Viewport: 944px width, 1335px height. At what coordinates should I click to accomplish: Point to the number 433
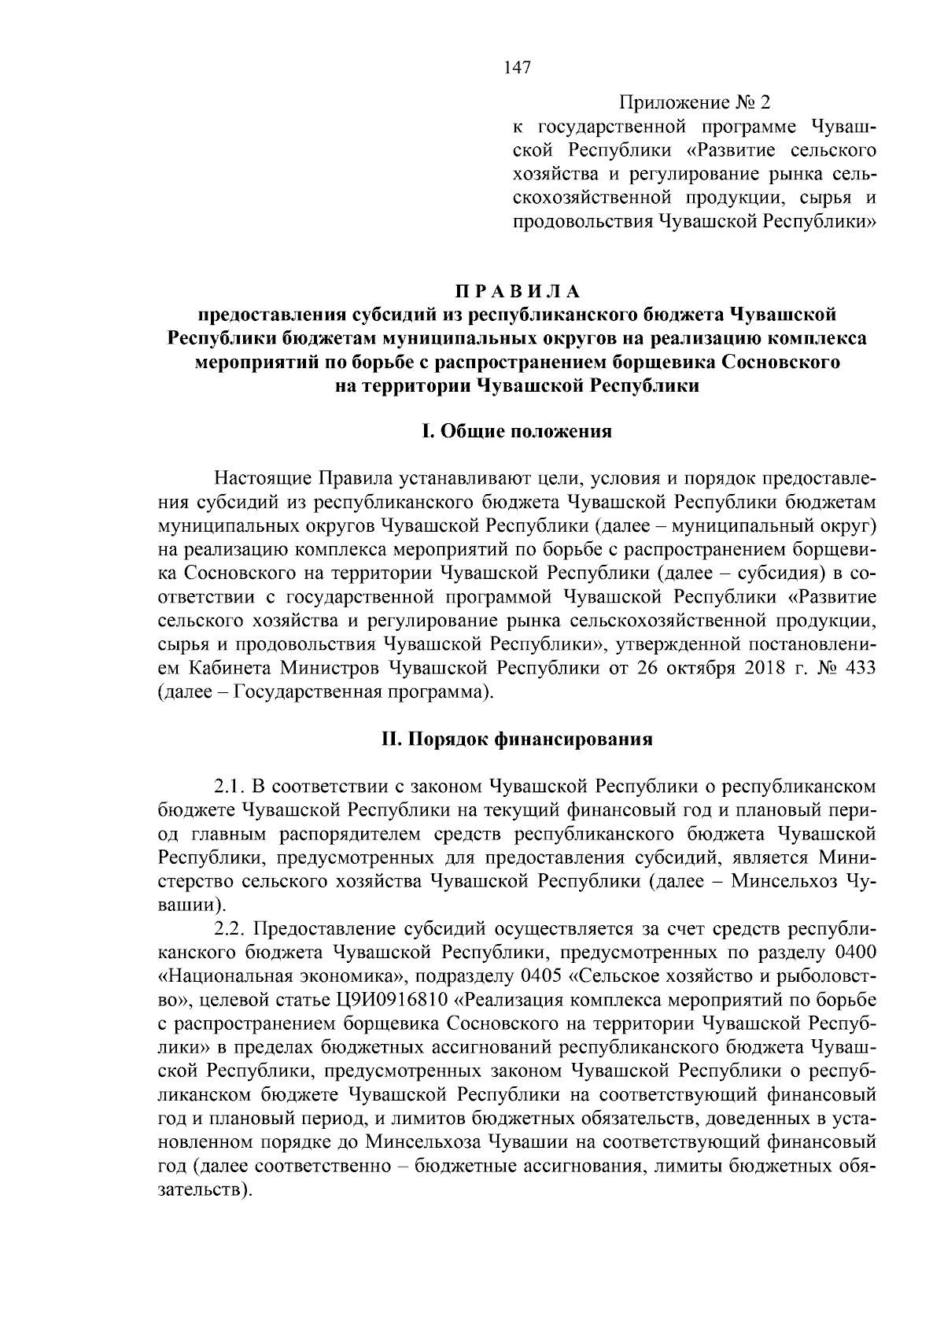(x=859, y=669)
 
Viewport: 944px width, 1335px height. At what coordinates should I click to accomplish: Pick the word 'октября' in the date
(x=669, y=669)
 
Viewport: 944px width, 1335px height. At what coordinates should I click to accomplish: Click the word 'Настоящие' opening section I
(x=262, y=478)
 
